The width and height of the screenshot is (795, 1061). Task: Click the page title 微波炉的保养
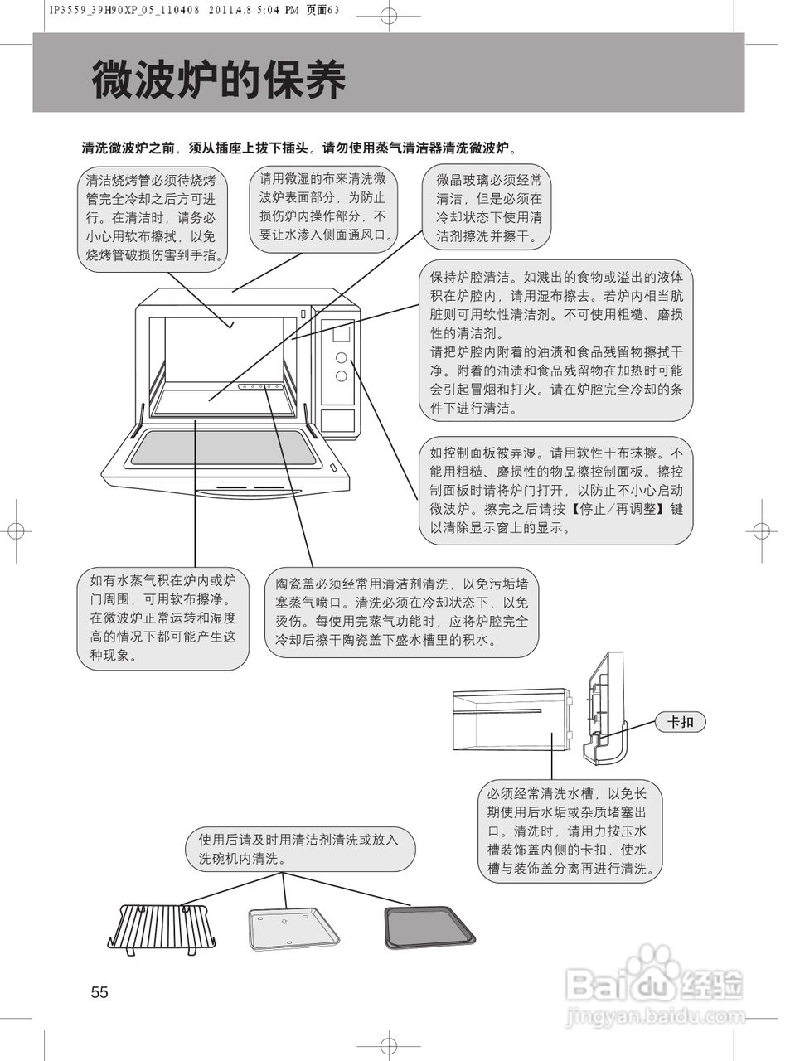click(x=218, y=80)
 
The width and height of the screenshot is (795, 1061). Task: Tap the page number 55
click(x=99, y=992)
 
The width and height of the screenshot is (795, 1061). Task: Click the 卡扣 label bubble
click(x=680, y=722)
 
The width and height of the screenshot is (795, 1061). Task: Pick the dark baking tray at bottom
click(x=429, y=927)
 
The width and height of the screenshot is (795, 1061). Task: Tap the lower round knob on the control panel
click(x=341, y=376)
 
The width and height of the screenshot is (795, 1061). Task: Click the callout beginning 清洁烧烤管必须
click(x=155, y=217)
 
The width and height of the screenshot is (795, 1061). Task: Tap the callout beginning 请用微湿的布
click(x=323, y=206)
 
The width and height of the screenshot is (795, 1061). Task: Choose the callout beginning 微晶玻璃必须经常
click(x=489, y=208)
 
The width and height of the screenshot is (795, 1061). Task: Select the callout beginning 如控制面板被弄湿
click(x=555, y=491)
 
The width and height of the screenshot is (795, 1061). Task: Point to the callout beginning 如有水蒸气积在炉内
click(x=163, y=618)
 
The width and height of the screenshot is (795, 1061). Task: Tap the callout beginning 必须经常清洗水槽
click(x=572, y=831)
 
